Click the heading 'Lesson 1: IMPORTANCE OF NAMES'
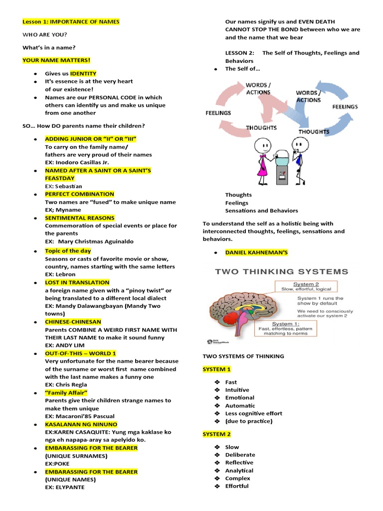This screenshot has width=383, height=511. pos(71,22)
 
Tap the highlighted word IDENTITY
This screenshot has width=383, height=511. pos(83,73)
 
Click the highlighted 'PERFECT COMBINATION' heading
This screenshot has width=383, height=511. pos(79,194)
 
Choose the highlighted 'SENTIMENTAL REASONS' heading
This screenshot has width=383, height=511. pos(79,218)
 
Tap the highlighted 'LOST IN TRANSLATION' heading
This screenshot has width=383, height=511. pos(77,282)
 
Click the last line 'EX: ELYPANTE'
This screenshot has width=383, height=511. pos(65,487)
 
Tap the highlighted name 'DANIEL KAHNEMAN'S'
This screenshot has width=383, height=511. pos(256,253)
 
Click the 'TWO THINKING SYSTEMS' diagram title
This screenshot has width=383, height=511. pos(281,272)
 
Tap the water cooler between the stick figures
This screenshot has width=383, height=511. pos(281,167)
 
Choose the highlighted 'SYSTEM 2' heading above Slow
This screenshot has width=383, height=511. pos(216,434)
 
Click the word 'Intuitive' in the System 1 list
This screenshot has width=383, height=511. pos(237,390)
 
